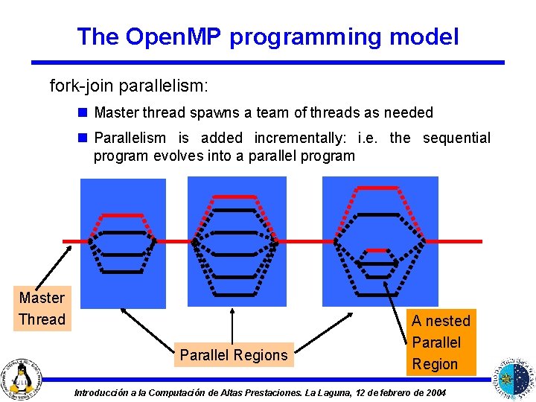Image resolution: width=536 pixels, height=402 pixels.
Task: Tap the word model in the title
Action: click(x=426, y=36)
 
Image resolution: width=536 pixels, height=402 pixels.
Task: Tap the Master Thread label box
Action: click(x=42, y=308)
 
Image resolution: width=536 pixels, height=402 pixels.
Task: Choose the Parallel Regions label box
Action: click(x=233, y=355)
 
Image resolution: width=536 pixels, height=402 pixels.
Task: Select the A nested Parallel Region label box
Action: click(x=441, y=342)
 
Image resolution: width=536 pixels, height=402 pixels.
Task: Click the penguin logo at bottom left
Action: click(x=23, y=376)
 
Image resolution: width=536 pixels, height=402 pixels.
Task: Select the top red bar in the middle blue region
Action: click(x=234, y=197)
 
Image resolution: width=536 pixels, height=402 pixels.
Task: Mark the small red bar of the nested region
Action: click(x=377, y=250)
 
